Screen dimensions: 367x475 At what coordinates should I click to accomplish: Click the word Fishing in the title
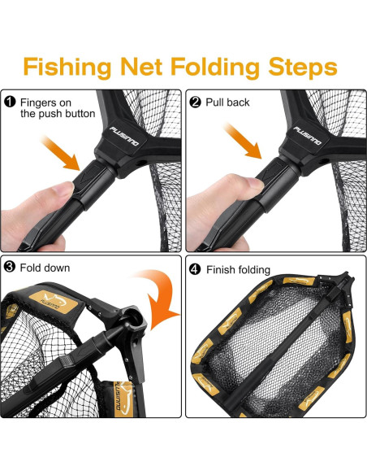pos(67,67)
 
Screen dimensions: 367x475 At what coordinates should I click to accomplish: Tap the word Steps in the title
pos(303,68)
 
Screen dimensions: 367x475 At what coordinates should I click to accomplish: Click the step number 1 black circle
pos(10,102)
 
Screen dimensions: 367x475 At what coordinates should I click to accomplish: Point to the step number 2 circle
pos(195,102)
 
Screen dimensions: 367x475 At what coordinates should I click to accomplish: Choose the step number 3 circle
pos(10,267)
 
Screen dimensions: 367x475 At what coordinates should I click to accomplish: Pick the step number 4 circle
pos(195,269)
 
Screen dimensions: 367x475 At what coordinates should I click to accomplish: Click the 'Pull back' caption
pos(227,102)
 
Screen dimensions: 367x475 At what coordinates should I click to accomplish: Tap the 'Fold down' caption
pos(45,268)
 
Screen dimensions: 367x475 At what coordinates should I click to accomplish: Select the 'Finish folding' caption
pos(238,269)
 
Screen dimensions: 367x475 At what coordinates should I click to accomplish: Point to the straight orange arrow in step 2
pos(243,141)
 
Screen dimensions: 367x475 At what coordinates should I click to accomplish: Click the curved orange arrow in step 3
pos(160,299)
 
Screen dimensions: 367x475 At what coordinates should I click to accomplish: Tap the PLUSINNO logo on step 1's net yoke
pos(124,136)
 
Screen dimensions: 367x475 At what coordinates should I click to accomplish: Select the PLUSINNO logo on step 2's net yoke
pos(308,135)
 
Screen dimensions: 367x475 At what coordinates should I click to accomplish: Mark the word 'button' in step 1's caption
pos(80,114)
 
